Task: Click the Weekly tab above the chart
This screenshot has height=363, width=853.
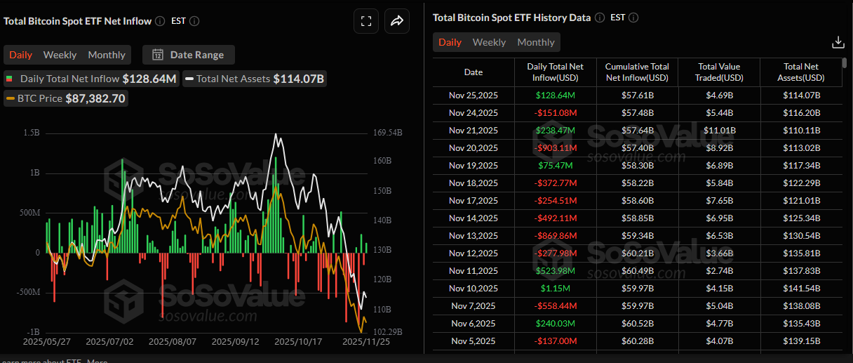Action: tap(60, 55)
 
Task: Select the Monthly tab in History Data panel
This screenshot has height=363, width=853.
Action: tap(536, 42)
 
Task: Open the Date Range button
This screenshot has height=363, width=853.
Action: tap(189, 55)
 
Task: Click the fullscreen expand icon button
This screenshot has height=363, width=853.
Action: tap(365, 21)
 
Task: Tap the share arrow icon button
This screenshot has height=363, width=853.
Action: tap(396, 21)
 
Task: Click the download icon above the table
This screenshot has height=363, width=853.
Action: tap(838, 42)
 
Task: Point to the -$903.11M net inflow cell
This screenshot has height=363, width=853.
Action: tap(556, 147)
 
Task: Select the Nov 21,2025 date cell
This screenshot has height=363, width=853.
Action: tap(473, 130)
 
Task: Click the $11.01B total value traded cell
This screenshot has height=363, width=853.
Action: tap(718, 130)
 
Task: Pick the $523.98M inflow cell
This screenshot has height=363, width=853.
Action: tap(556, 270)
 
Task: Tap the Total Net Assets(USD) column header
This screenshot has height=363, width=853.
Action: tap(801, 72)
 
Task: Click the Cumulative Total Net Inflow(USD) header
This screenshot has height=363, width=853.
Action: tap(637, 72)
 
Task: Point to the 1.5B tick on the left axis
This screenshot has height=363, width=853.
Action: tap(31, 133)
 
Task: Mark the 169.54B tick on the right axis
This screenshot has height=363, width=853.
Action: tap(388, 133)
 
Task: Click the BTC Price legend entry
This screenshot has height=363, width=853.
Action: tap(66, 99)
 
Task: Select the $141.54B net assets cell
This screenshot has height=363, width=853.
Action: tap(801, 288)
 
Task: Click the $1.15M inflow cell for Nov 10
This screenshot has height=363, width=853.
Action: tap(556, 288)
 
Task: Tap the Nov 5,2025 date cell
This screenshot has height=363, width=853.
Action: tap(473, 341)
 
